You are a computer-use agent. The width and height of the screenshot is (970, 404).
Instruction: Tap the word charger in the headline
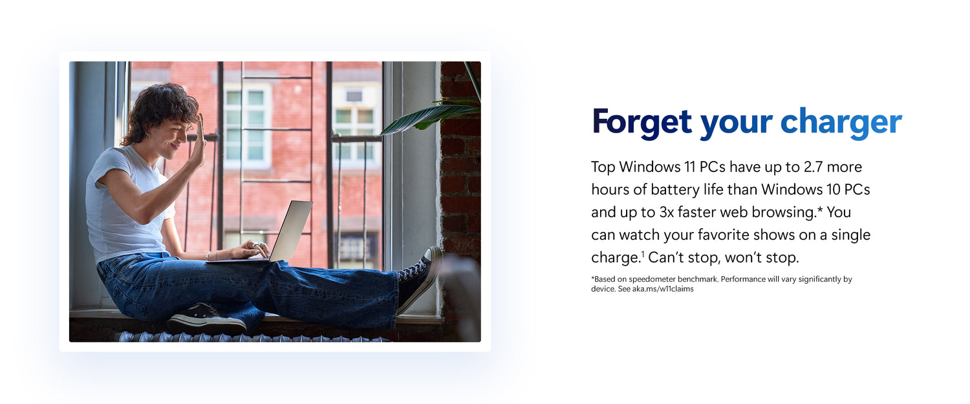click(841, 123)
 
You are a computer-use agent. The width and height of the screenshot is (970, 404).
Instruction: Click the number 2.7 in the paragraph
click(813, 167)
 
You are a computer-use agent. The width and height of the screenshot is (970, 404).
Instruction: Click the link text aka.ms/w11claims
click(663, 289)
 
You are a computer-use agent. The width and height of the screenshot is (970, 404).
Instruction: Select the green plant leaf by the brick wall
click(429, 115)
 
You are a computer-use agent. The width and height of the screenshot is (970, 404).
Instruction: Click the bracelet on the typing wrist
click(209, 256)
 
